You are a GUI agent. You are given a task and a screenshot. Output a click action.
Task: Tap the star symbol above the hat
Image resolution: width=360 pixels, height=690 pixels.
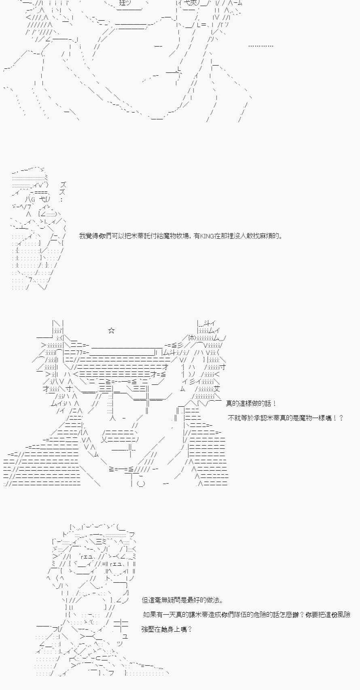click(x=112, y=331)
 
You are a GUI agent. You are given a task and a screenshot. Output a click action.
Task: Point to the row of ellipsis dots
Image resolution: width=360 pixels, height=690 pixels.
click(x=260, y=46)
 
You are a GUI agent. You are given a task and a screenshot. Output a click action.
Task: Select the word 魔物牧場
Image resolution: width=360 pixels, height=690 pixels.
click(x=175, y=236)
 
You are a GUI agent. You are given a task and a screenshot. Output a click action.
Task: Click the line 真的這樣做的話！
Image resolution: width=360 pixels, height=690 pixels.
click(x=251, y=403)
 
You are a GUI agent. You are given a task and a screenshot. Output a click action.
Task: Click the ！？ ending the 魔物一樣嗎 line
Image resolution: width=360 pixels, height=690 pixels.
click(x=338, y=418)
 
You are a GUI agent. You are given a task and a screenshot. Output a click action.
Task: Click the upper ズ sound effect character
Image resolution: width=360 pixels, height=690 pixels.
click(x=63, y=185)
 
